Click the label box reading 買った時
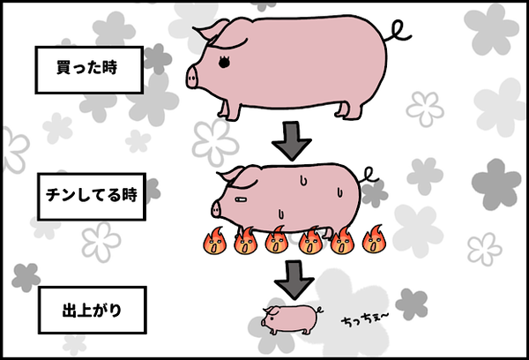click(89, 70)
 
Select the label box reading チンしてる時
click(92, 197)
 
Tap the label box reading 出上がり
click(92, 310)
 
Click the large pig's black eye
click(224, 62)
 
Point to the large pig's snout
click(191, 78)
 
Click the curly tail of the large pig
click(398, 33)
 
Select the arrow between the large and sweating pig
click(292, 141)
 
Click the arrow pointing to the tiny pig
click(294, 280)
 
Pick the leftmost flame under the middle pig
click(214, 241)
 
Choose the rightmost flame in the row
click(374, 239)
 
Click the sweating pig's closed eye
click(242, 200)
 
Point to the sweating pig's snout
click(216, 210)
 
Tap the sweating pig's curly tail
click(369, 176)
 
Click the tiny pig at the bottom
click(291, 319)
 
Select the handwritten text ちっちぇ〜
click(365, 319)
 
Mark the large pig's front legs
click(230, 110)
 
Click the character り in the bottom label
click(115, 311)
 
